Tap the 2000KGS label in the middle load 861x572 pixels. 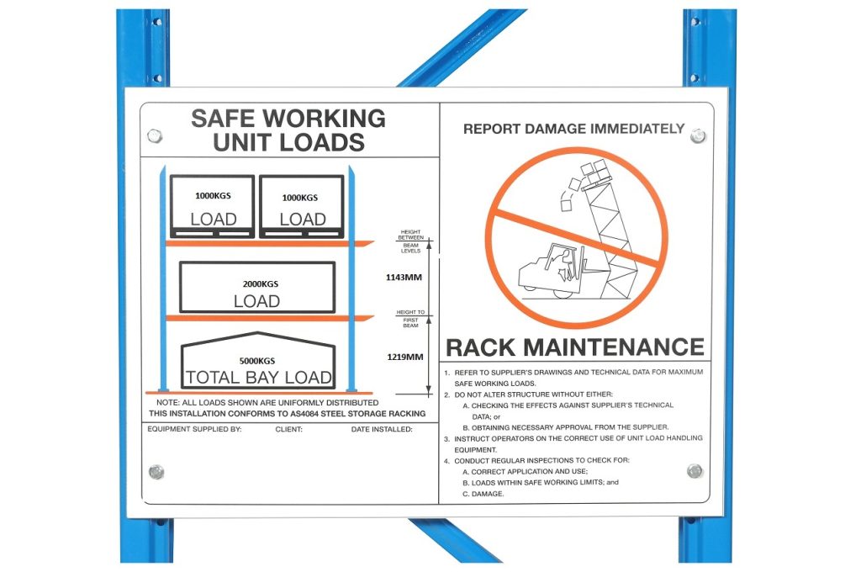click(257, 284)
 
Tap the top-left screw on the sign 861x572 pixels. click(155, 135)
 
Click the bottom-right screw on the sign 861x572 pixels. click(694, 470)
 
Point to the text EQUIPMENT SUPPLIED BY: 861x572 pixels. click(194, 429)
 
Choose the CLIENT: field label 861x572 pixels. click(289, 429)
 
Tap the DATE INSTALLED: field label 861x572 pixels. click(382, 429)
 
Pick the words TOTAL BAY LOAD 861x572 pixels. click(258, 378)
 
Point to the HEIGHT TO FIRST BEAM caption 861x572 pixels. click(410, 318)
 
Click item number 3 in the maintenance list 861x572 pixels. click(449, 438)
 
